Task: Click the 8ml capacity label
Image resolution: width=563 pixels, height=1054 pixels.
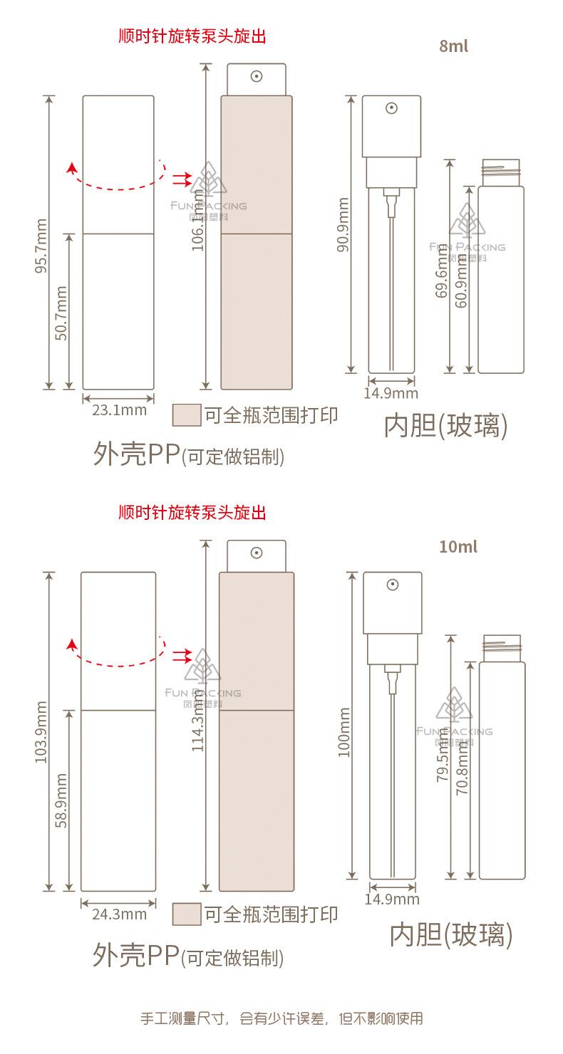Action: [x=454, y=47]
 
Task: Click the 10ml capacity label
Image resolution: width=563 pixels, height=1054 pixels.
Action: [x=458, y=547]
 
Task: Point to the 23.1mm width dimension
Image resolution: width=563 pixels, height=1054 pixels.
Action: [x=119, y=409]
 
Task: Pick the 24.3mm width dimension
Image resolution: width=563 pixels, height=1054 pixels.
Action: [x=119, y=914]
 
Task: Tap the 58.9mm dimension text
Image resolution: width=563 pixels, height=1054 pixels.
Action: [x=61, y=800]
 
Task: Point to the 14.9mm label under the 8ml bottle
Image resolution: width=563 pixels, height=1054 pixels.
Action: [x=391, y=393]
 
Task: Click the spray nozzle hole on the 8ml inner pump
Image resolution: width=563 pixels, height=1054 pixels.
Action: [x=391, y=109]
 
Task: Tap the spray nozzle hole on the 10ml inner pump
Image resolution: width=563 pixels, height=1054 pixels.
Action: [x=392, y=585]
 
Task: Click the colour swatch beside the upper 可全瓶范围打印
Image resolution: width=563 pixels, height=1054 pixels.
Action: [x=187, y=414]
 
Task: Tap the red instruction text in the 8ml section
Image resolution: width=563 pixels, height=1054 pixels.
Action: [x=192, y=36]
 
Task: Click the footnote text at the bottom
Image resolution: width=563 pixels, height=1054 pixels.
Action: [x=281, y=1018]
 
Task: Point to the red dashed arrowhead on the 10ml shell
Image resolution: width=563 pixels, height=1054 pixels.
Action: [x=71, y=645]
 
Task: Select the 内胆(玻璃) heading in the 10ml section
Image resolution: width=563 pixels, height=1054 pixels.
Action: [x=451, y=934]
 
